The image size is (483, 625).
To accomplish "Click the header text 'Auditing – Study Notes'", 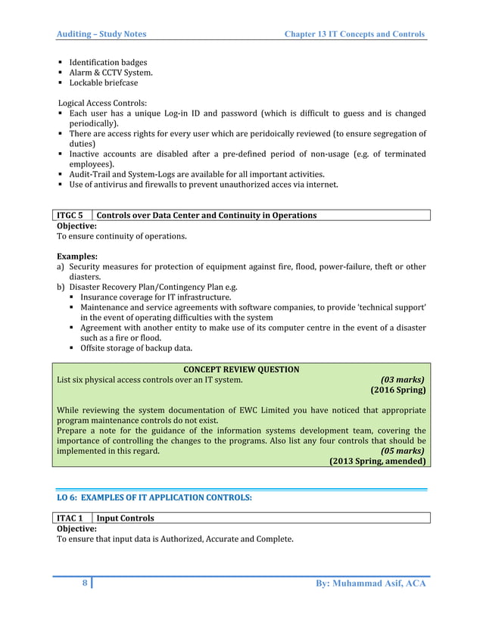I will pyautogui.click(x=102, y=34).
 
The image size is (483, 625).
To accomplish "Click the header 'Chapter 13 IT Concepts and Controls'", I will pyautogui.click(x=354, y=34).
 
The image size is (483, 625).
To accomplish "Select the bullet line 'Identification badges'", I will pyautogui.click(x=108, y=62).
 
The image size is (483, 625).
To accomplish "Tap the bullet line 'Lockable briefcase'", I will pyautogui.click(x=104, y=83).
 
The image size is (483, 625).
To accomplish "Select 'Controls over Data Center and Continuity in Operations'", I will pyautogui.click(x=207, y=216).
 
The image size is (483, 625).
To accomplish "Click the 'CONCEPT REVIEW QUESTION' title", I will pyautogui.click(x=241, y=369).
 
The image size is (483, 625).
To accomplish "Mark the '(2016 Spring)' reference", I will pyautogui.click(x=397, y=391).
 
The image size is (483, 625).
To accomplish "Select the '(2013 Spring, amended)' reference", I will pyautogui.click(x=377, y=461).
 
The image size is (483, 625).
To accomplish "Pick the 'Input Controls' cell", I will pyautogui.click(x=126, y=518).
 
